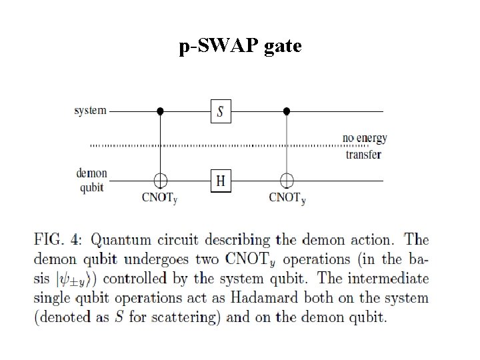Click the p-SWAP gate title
(x=240, y=46)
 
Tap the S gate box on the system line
(x=221, y=111)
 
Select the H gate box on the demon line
(x=221, y=181)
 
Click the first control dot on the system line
(x=160, y=111)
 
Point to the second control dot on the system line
(x=287, y=111)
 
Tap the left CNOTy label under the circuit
(x=159, y=198)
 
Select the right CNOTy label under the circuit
(x=287, y=198)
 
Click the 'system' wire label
(x=90, y=111)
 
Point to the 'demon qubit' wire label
(x=91, y=180)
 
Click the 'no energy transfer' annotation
(x=365, y=146)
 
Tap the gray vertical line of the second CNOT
(x=287, y=144)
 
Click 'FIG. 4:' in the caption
(x=58, y=239)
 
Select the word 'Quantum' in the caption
(x=121, y=240)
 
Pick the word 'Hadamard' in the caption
(x=264, y=297)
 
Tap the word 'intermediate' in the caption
(x=388, y=279)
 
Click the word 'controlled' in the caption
(x=135, y=279)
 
